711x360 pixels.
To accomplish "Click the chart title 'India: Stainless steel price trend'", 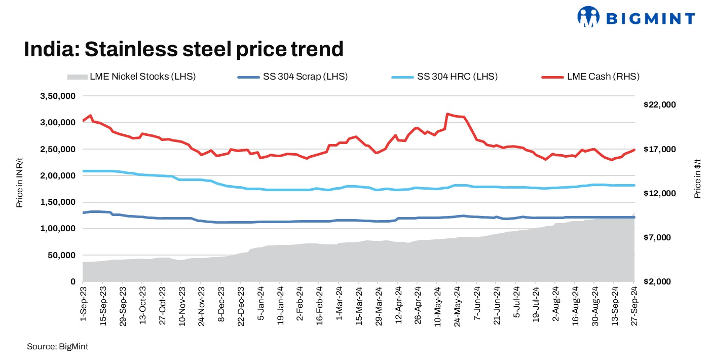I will point(184,49).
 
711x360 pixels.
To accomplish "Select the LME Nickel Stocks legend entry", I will point(131,77).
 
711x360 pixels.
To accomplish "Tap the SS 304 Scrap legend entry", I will point(292,77).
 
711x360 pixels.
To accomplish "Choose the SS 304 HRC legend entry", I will point(444,77).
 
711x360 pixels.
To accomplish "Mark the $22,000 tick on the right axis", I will point(659,105).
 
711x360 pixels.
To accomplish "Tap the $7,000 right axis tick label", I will point(659,237).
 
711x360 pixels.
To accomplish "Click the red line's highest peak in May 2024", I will point(447,114).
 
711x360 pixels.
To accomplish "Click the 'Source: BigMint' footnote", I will point(57,347).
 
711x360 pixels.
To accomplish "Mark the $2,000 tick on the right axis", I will point(659,281).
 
